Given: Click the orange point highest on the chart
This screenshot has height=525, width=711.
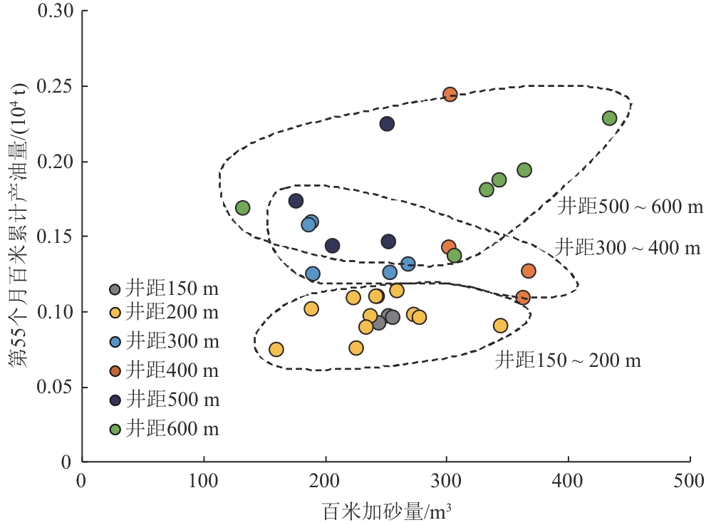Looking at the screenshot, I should pos(450,95).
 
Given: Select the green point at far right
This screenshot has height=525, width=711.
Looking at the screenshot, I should pos(609,118).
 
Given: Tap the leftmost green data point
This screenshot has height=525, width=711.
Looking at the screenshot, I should pos(242,208).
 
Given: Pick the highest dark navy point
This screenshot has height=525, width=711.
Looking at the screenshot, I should pos(387,124).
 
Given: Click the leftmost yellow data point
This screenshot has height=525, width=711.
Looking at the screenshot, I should pos(276,349).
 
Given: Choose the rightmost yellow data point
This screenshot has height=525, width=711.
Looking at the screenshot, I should pos(500,326).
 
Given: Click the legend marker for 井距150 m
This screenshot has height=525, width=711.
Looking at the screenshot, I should pos(115,290).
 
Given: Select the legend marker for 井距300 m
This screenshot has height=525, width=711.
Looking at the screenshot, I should pos(115,342).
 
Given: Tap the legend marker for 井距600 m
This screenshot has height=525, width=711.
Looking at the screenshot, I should pos(115,429).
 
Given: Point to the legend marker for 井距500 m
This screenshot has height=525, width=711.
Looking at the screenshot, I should pos(115,400).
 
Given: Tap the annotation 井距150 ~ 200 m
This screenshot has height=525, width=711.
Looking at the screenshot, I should pos(568,360).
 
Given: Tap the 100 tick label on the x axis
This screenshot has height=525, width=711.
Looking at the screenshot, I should pos(204,478).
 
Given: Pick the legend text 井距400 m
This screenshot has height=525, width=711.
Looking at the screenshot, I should pos(172,370).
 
